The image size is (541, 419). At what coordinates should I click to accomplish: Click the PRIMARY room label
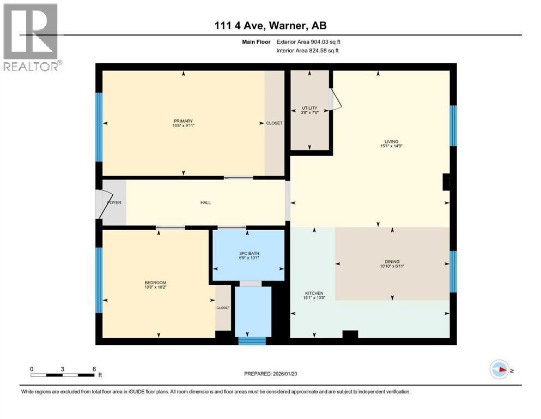coord(183,121)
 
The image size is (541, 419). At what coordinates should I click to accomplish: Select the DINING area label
coord(392,261)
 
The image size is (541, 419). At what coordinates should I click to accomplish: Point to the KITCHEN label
coord(314,293)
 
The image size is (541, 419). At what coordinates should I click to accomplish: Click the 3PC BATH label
coord(248,253)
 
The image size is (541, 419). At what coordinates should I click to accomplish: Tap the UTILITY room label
coord(309,108)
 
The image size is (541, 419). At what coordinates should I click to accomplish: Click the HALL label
coord(205,202)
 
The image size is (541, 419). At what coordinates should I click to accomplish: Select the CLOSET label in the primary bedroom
coord(274,123)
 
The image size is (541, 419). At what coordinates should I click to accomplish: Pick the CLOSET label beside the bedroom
coord(223,308)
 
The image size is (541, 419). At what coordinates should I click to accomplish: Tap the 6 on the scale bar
coord(94,369)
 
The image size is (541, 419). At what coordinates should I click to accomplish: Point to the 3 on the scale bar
coord(63,369)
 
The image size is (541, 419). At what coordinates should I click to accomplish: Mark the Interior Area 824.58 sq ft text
coord(308,51)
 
